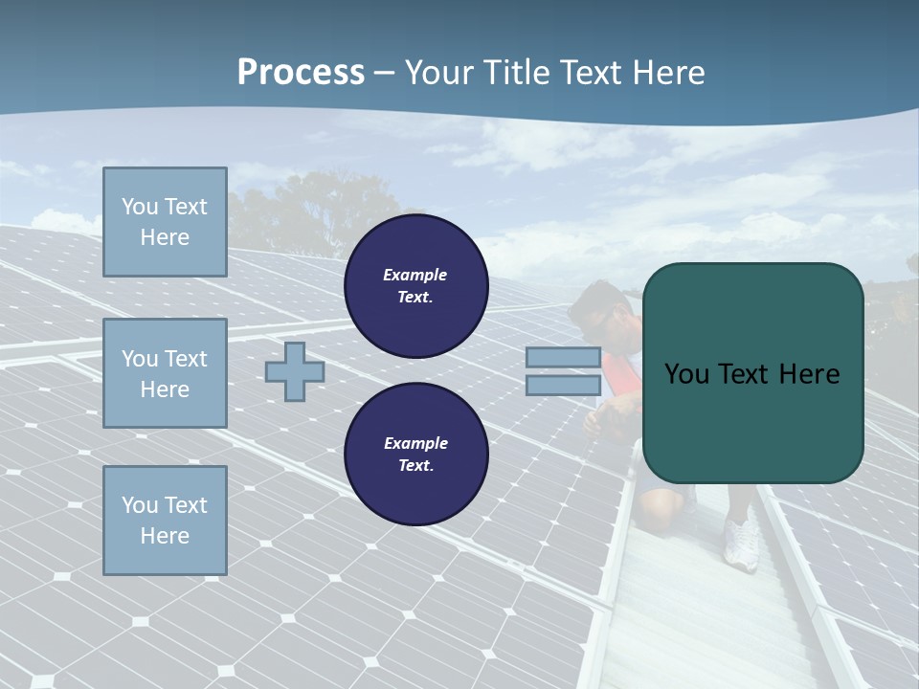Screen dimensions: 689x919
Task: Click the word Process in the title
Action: pos(301,73)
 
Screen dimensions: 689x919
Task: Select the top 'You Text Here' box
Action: pos(165,222)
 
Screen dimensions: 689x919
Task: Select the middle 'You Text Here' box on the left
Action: pos(165,373)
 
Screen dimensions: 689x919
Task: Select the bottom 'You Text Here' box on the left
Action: pos(165,521)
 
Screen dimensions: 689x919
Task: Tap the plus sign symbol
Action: pos(294,371)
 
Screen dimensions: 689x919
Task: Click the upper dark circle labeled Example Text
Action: pos(415,286)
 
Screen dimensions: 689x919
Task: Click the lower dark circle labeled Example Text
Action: pos(415,455)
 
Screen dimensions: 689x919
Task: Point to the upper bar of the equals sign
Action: pos(563,358)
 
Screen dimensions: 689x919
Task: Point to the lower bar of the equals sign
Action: pos(563,385)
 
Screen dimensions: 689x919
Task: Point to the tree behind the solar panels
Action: pos(316,211)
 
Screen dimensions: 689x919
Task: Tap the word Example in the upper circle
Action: pos(415,275)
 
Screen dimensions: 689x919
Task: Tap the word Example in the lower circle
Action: pos(415,443)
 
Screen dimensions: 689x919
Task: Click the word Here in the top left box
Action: pos(165,237)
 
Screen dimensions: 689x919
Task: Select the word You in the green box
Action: pos(686,374)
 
